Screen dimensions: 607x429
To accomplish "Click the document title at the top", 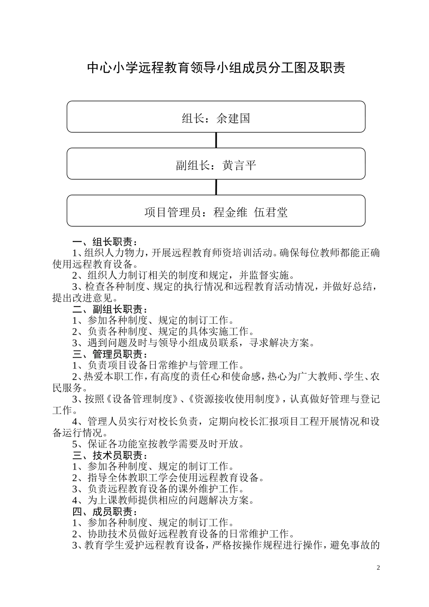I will click(x=216, y=68).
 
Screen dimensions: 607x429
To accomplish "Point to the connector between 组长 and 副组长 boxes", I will click(x=216, y=140).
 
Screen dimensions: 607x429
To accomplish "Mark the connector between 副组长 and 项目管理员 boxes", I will click(x=216, y=187).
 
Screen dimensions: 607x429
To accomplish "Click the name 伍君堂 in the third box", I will click(x=271, y=212).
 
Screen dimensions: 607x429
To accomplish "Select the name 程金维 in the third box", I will click(x=230, y=212).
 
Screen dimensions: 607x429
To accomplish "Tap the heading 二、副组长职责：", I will click(x=110, y=309).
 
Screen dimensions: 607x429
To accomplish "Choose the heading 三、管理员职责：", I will click(x=110, y=355).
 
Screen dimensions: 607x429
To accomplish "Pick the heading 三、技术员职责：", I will click(x=110, y=456).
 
